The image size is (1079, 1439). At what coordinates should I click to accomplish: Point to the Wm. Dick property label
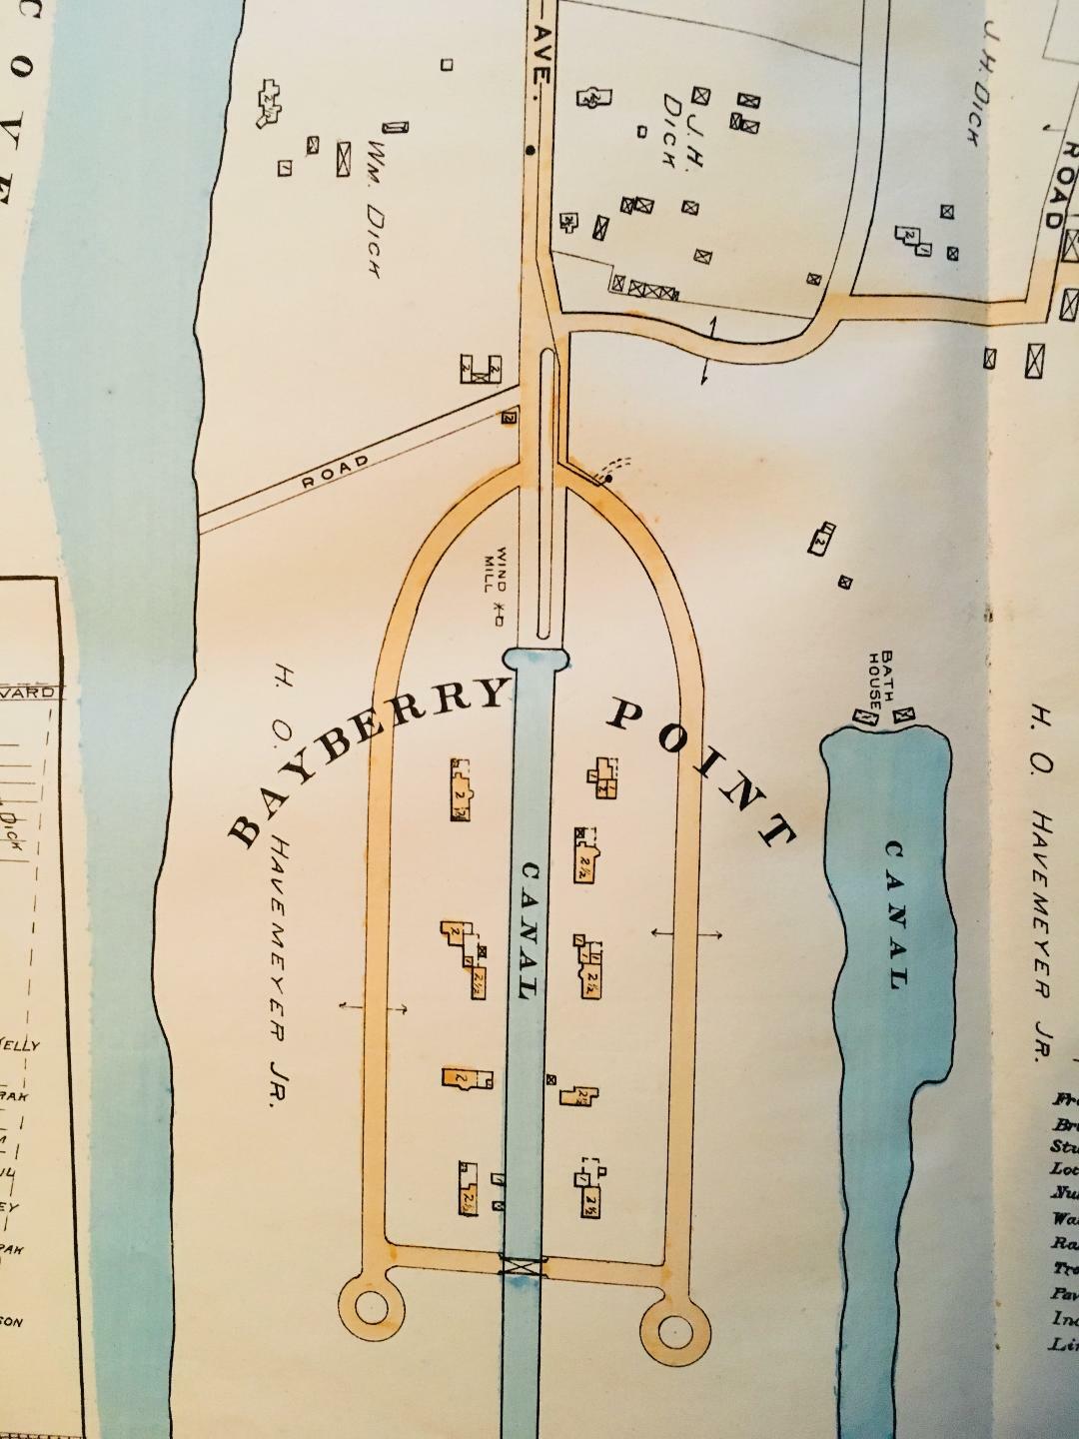tap(374, 200)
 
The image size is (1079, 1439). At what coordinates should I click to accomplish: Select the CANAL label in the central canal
tap(529, 929)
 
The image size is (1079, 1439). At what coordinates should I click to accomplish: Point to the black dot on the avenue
tap(530, 152)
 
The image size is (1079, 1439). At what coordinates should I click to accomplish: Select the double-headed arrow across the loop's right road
tap(687, 933)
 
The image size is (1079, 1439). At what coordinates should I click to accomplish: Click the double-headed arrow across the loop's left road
tap(373, 1008)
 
